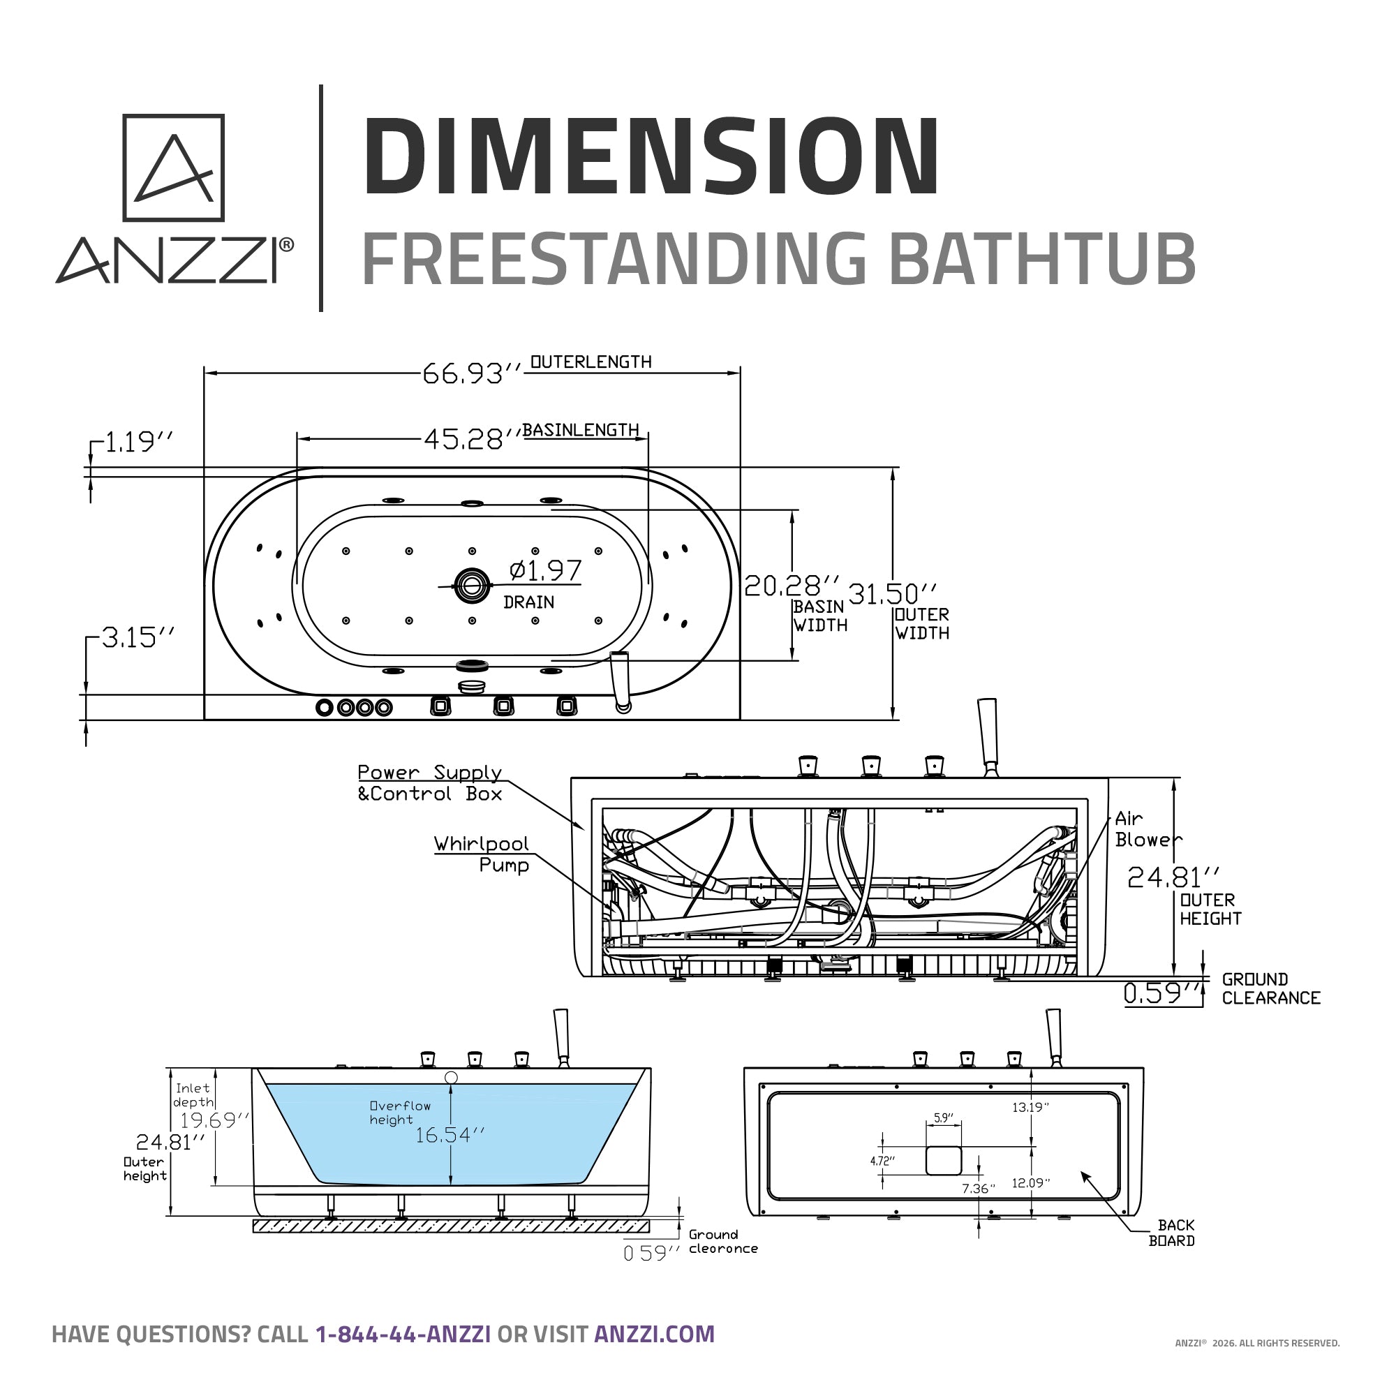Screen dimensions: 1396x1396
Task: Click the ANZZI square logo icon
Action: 173,168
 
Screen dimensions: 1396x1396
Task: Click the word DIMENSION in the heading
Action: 651,158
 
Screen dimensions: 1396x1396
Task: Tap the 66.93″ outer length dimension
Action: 470,373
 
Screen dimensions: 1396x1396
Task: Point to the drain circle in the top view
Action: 472,586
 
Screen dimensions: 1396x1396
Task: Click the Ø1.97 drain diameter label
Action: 545,571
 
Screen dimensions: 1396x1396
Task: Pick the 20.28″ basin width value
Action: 792,586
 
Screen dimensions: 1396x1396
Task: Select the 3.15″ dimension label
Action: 138,638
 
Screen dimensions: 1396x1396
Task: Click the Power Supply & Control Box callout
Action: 430,783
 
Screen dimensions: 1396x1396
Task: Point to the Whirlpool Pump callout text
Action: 482,854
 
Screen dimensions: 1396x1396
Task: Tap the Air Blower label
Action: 1148,829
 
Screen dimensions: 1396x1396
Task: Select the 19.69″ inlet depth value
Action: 214,1121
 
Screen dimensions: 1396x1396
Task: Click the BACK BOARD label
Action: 1171,1233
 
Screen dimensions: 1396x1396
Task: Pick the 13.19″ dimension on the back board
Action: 1030,1107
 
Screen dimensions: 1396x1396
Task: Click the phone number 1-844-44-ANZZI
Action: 403,1334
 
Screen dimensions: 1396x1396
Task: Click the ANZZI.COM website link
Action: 654,1334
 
